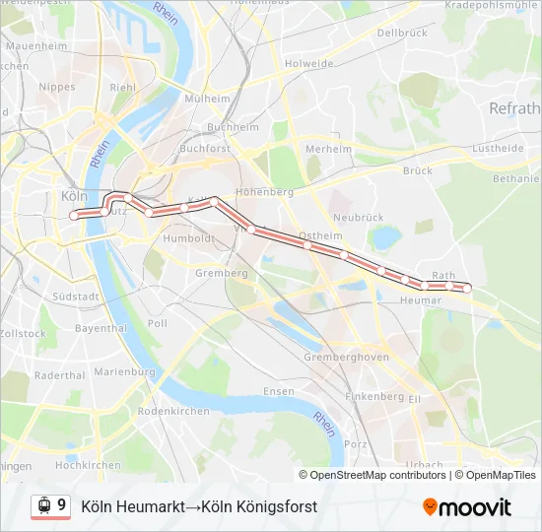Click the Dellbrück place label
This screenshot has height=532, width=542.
[x=401, y=33]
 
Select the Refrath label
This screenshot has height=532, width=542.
[x=514, y=108]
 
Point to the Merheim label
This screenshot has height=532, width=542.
[x=328, y=149]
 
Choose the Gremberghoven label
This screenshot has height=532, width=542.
[x=346, y=357]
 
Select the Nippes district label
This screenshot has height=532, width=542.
[x=56, y=87]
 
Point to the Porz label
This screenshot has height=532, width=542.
[x=356, y=443]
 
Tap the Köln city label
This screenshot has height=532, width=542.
[x=74, y=195]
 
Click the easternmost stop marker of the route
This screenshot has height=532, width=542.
[x=467, y=287]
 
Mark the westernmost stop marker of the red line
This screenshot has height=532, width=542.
[x=73, y=215]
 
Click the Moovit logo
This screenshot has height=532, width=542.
[x=467, y=506]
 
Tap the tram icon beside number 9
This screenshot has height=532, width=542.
[x=42, y=505]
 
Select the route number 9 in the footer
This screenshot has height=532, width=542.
[x=61, y=505]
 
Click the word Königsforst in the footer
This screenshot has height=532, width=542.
[x=277, y=506]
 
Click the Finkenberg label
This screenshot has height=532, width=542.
[x=374, y=396]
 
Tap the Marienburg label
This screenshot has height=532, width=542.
[x=123, y=372]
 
